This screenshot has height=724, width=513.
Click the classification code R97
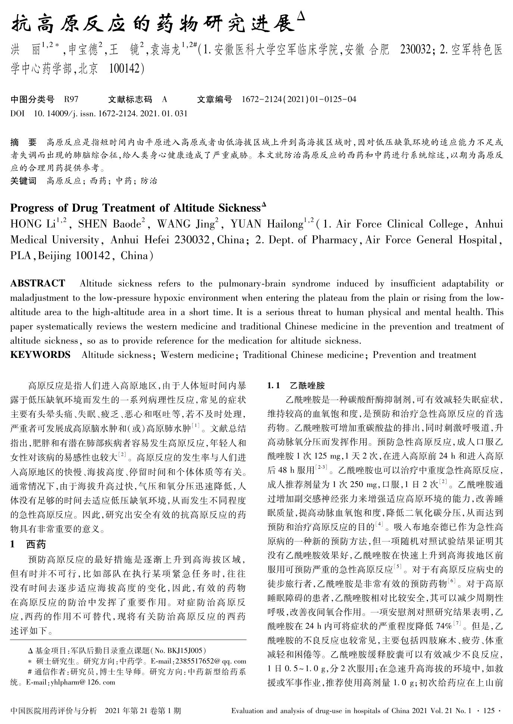71,99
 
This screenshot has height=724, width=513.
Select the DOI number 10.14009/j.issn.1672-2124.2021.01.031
110,113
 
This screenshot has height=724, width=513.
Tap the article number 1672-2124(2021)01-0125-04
299,99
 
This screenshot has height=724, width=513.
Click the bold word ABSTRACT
38,283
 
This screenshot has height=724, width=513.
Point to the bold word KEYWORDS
40,355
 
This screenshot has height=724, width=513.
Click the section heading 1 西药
28,544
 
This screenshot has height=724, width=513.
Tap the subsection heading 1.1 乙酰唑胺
296,386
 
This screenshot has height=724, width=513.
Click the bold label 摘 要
24,142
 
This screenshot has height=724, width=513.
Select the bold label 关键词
24,181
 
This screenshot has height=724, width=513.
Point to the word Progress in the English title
34,208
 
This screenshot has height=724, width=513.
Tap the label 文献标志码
130,99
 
